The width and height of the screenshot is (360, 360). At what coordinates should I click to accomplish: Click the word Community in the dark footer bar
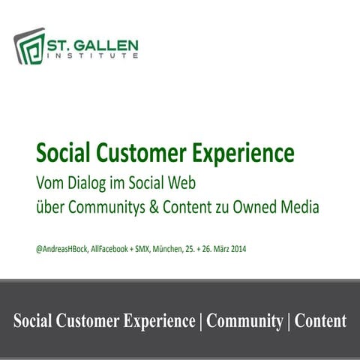pyautogui.click(x=244, y=321)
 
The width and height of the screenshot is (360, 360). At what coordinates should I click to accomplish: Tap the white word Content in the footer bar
pyautogui.click(x=321, y=321)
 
